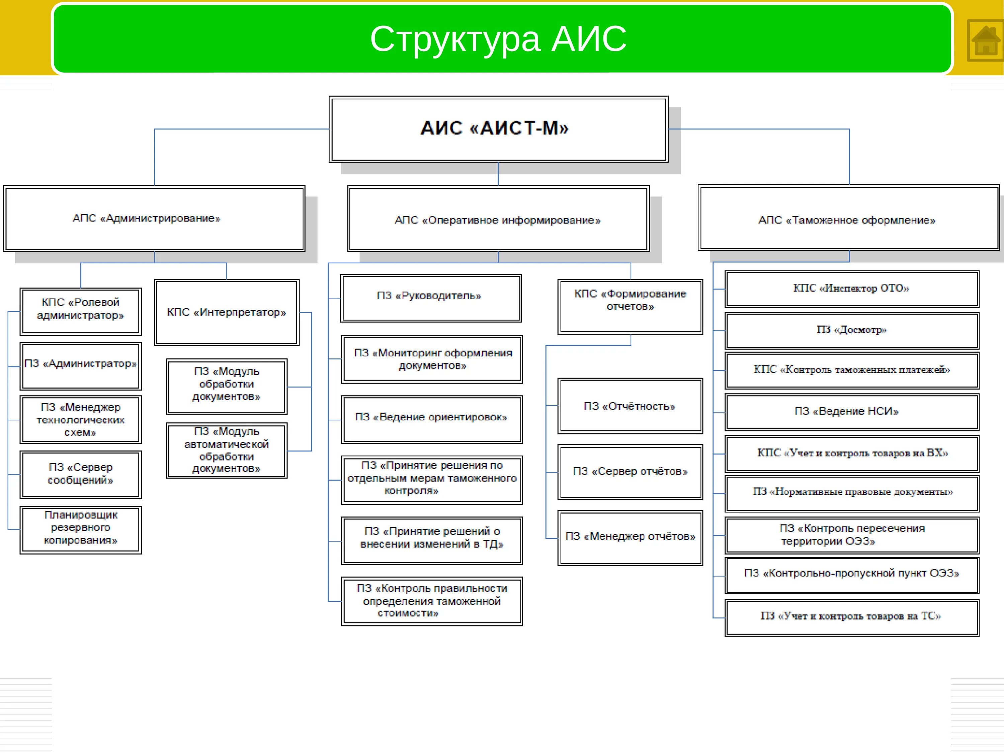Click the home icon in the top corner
(x=985, y=40)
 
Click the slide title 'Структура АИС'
(x=498, y=39)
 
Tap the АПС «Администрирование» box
(x=154, y=218)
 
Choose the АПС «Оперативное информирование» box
(x=498, y=219)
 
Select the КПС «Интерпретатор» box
(x=227, y=312)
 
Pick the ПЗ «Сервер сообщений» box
(x=81, y=474)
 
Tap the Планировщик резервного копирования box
(x=81, y=530)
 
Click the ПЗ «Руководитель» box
(x=430, y=298)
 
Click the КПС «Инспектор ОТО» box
(x=851, y=289)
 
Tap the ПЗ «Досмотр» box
(x=851, y=330)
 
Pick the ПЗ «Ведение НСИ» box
(x=851, y=411)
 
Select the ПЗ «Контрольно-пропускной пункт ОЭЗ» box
(x=851, y=575)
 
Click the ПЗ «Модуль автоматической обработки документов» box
(x=227, y=450)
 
